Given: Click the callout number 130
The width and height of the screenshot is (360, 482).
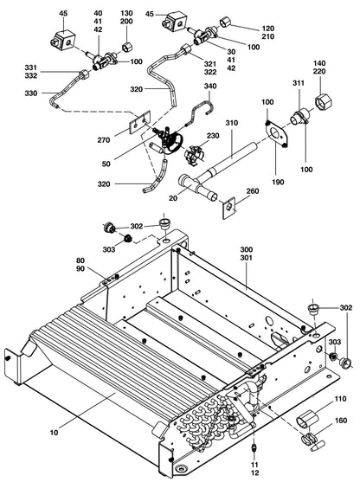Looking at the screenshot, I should click(x=126, y=14).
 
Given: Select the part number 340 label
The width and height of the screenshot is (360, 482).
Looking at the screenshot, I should click(x=210, y=87).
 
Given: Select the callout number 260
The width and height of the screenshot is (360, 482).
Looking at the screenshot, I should click(x=253, y=192).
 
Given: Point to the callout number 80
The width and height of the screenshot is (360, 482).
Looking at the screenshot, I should click(x=80, y=260).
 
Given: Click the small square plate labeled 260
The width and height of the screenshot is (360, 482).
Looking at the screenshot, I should click(x=231, y=206).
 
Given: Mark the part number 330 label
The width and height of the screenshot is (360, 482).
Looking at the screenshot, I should click(x=30, y=93).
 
